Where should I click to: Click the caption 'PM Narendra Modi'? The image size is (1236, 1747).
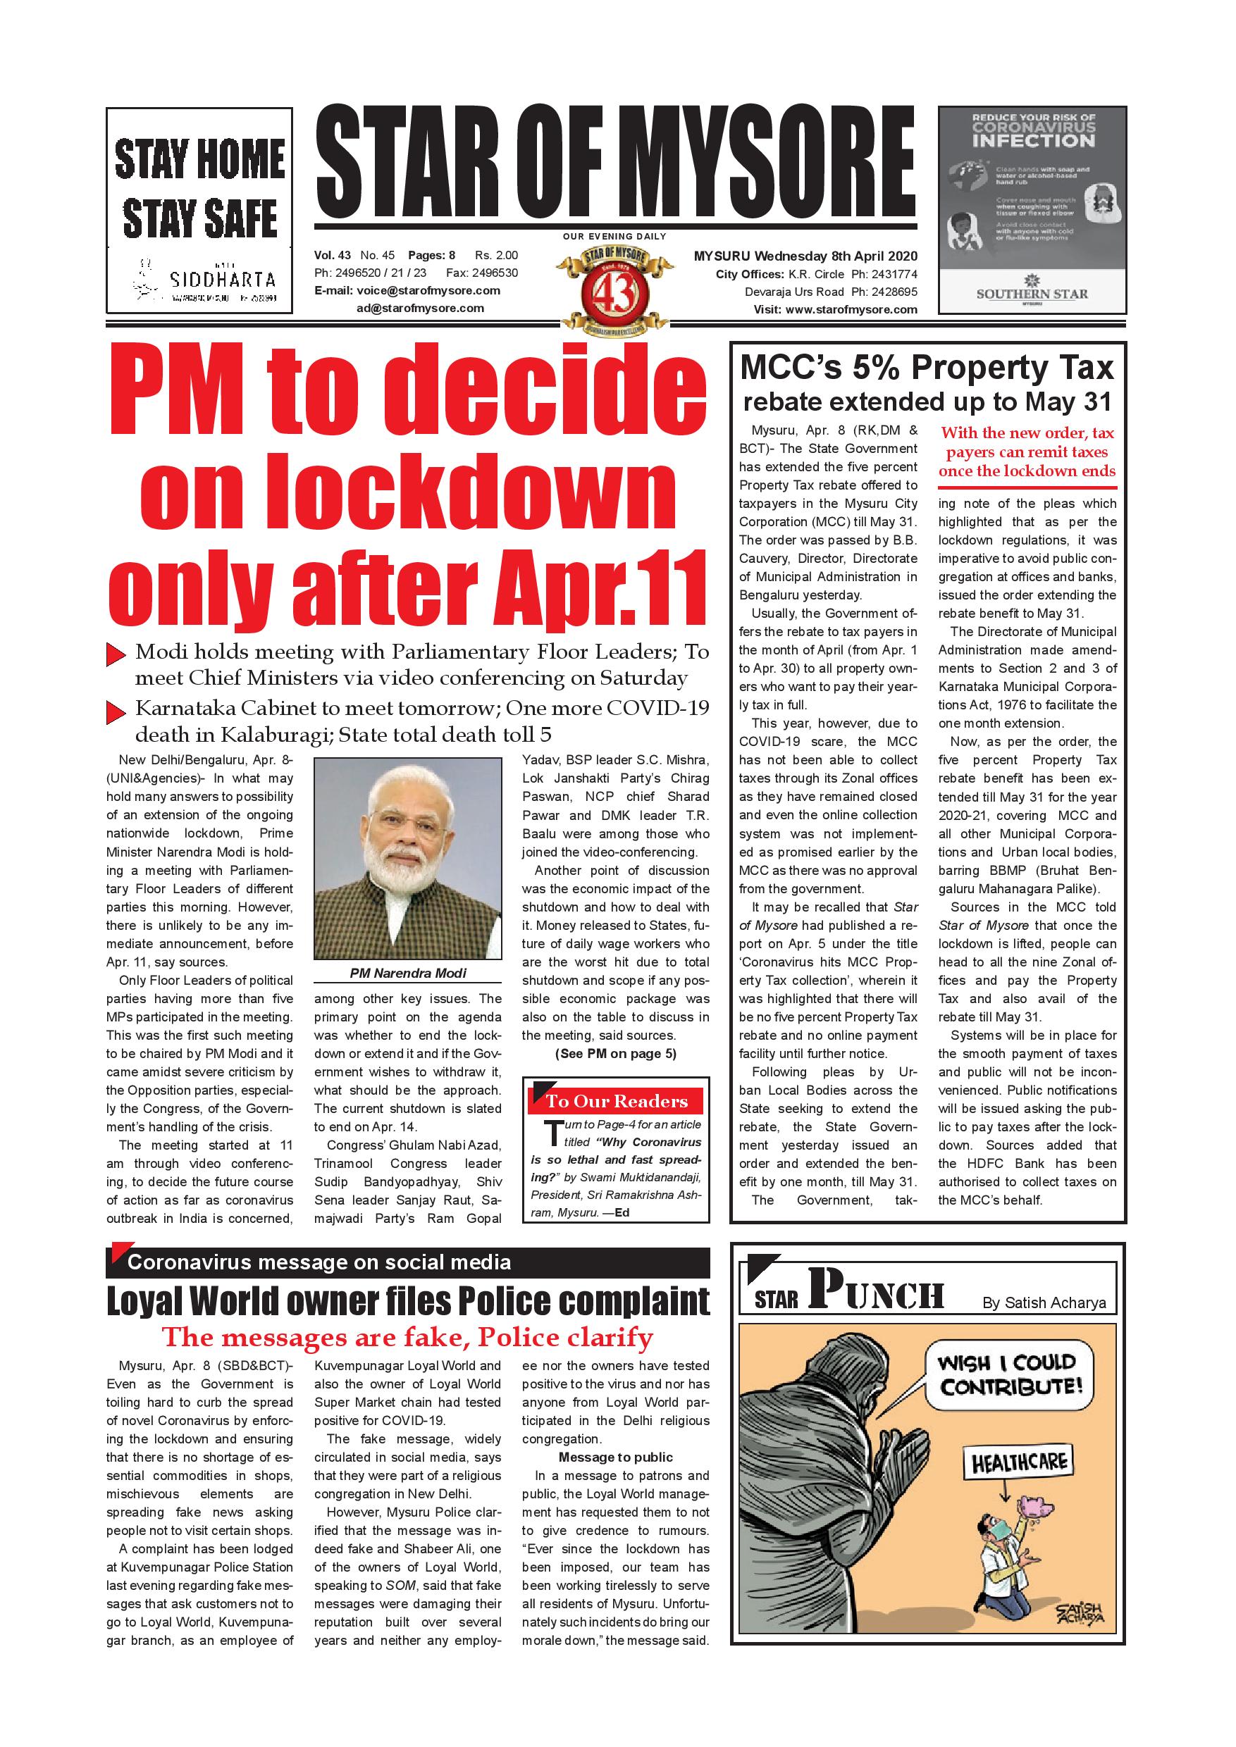point(408,973)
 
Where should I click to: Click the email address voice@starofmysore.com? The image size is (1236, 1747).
point(418,291)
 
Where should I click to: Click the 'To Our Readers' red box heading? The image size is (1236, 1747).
point(617,1101)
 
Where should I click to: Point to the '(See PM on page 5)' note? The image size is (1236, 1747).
point(616,1054)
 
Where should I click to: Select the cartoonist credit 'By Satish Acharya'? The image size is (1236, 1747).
point(1044,1303)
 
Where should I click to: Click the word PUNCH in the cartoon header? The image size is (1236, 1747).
point(876,1292)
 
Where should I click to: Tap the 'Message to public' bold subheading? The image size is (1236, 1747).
point(616,1457)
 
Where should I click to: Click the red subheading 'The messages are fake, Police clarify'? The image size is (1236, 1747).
point(408,1337)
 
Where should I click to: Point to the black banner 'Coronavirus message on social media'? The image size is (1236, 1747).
point(320,1262)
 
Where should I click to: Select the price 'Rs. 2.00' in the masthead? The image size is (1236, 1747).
point(496,256)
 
